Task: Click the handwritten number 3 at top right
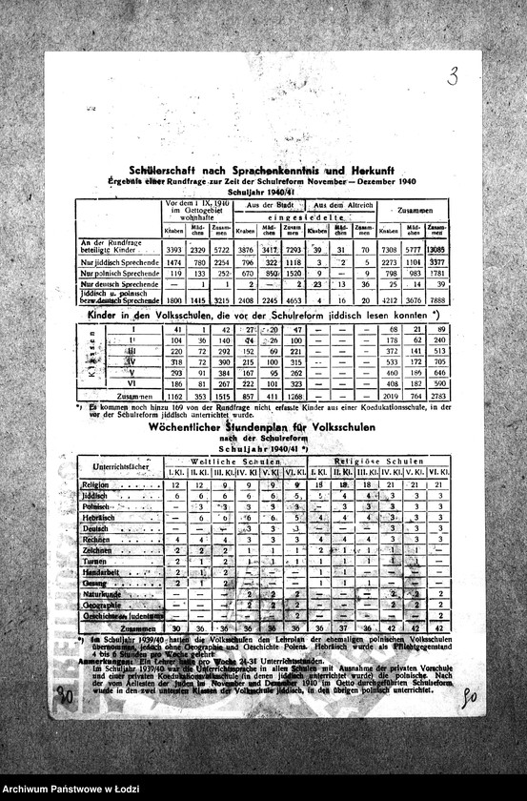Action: (453, 76)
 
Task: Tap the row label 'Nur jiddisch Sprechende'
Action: (119, 261)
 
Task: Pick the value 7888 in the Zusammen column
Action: (437, 298)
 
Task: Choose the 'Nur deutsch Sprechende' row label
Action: (119, 284)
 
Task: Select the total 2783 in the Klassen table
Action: (437, 395)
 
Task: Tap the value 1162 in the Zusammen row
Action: (174, 395)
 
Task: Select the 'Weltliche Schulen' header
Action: (236, 460)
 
